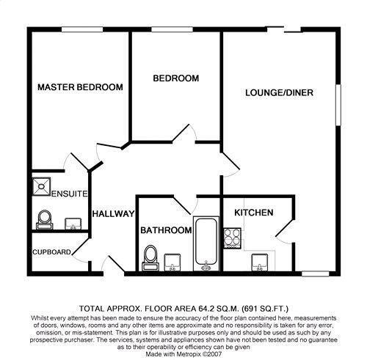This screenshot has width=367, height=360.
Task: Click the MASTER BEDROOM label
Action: coord(80,87)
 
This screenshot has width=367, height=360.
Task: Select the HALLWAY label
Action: coord(113,214)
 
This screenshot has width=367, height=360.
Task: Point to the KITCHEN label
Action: coord(253,213)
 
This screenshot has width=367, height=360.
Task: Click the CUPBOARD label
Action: coord(51,253)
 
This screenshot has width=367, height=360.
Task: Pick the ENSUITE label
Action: coord(70,194)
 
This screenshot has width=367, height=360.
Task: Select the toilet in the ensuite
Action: coord(43,218)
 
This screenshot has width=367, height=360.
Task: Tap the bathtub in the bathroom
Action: coord(206,243)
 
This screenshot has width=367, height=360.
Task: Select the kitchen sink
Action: coord(261,262)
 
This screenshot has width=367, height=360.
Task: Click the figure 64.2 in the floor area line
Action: coord(195,309)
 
